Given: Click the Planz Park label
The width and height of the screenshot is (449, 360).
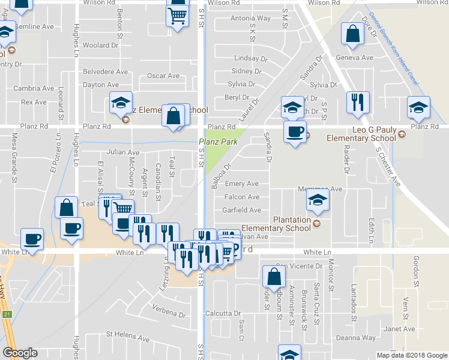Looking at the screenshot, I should (218, 142).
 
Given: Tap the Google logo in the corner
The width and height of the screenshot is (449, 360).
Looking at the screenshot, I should (20, 353).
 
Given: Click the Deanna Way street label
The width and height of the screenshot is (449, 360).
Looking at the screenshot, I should (356, 338).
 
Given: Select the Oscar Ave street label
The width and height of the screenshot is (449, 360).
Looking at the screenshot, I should (163, 76).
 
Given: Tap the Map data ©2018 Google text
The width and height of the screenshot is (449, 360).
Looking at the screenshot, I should (411, 355).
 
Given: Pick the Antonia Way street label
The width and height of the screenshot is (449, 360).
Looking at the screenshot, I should (250, 19).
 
